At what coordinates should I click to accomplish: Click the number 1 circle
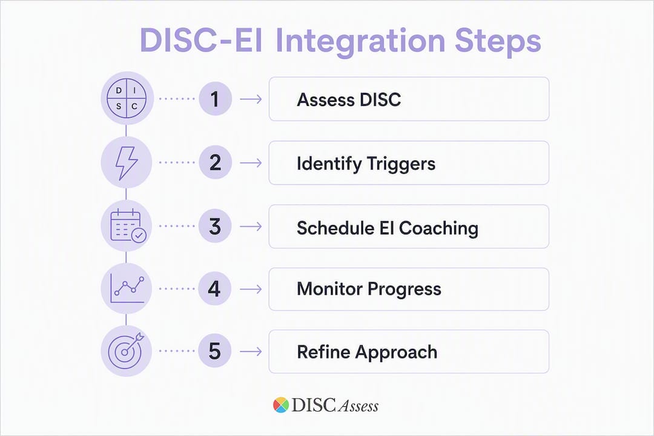pos(215,99)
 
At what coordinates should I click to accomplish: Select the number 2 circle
pos(215,162)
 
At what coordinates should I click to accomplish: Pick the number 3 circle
pos(215,226)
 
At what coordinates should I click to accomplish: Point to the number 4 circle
pos(215,289)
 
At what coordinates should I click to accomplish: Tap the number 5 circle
pos(215,351)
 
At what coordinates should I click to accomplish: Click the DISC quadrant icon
pos(127,99)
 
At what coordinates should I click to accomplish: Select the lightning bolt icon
pos(127,163)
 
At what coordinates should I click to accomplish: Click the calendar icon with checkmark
pos(128,226)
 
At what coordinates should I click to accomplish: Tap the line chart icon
pos(127,288)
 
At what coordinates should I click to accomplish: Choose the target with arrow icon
pos(126,350)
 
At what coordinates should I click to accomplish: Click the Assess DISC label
pos(349,100)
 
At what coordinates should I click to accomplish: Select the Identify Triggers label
pos(366,163)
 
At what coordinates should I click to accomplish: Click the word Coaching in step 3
pos(438,228)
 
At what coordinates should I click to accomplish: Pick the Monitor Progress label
pos(369,289)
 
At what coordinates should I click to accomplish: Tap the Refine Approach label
pos(367,352)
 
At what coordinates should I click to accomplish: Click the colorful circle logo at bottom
pos(281,405)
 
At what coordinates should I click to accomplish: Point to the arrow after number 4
pos(251,289)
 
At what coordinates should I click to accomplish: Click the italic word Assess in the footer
pos(358,406)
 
